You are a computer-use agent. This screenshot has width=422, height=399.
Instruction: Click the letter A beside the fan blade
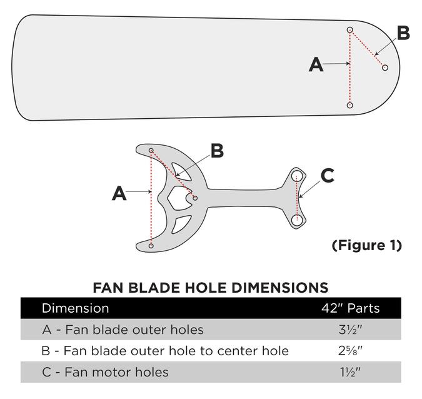[x=317, y=64]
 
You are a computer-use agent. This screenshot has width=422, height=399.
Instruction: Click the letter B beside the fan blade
[x=403, y=33]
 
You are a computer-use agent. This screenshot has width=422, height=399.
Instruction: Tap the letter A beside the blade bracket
[x=119, y=194]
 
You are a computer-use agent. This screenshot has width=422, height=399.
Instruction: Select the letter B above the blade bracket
[x=216, y=151]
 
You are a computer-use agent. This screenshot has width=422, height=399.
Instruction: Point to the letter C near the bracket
[x=328, y=176]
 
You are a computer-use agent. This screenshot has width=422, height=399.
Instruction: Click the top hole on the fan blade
[x=350, y=29]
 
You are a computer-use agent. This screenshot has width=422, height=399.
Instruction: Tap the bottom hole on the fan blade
[x=350, y=105]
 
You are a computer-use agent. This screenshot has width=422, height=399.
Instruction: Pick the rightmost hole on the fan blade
[x=385, y=68]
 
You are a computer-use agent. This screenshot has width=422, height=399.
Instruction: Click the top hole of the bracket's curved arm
[x=151, y=150]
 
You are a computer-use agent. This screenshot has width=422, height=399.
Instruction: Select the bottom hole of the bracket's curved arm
[x=151, y=246]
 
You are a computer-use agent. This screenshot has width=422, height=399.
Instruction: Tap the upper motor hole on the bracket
[x=297, y=174]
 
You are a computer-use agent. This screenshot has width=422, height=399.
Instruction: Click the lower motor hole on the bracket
[x=297, y=219]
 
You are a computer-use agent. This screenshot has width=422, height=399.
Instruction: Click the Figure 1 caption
[x=366, y=245]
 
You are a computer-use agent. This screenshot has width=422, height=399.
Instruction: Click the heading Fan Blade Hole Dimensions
[x=211, y=288]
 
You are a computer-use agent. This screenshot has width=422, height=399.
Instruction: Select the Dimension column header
[x=75, y=308]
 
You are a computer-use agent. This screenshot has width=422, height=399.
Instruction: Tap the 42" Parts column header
[x=349, y=308]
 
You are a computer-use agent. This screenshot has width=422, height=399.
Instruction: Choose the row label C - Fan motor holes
[x=105, y=372]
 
